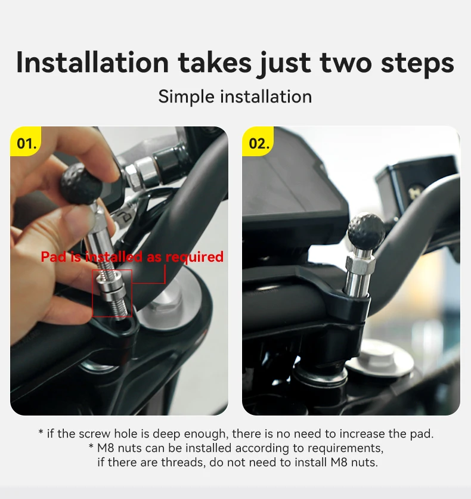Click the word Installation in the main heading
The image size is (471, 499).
pos(92,63)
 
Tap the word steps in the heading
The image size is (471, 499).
pos(417,64)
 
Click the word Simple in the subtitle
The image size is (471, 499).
pos(186,97)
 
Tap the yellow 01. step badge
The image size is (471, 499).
pos(26,141)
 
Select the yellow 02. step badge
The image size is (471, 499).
pos(258,141)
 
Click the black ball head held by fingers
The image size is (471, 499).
pos(82,181)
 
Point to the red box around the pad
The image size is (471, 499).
pos(92,293)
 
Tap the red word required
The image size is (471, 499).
pos(194,258)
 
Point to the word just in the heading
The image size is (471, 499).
pos(285,64)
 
